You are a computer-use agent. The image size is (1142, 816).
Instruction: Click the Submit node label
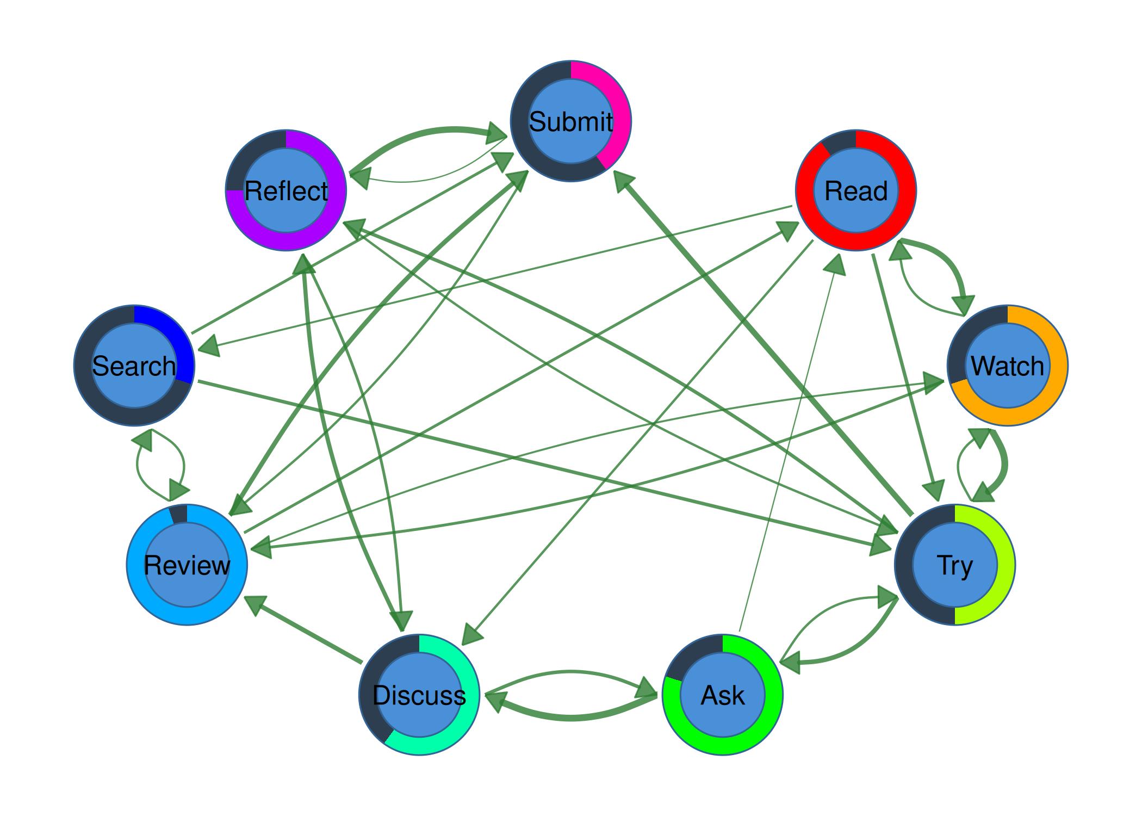pyautogui.click(x=570, y=121)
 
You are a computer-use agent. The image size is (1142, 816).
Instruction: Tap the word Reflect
pyautogui.click(x=286, y=191)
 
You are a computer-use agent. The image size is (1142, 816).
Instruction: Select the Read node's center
pyautogui.click(x=856, y=191)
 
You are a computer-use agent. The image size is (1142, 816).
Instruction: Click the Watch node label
pyautogui.click(x=1007, y=366)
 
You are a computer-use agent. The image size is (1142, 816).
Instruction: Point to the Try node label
pyautogui.click(x=954, y=565)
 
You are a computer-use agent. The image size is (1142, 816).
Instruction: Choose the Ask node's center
pyautogui.click(x=723, y=695)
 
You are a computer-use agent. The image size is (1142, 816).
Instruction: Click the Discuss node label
pyautogui.click(x=419, y=695)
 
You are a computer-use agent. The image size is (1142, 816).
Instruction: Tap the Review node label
pyautogui.click(x=187, y=565)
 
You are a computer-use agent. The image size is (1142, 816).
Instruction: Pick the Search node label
pyautogui.click(x=134, y=366)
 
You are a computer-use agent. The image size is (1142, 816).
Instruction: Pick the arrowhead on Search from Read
pyautogui.click(x=209, y=346)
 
